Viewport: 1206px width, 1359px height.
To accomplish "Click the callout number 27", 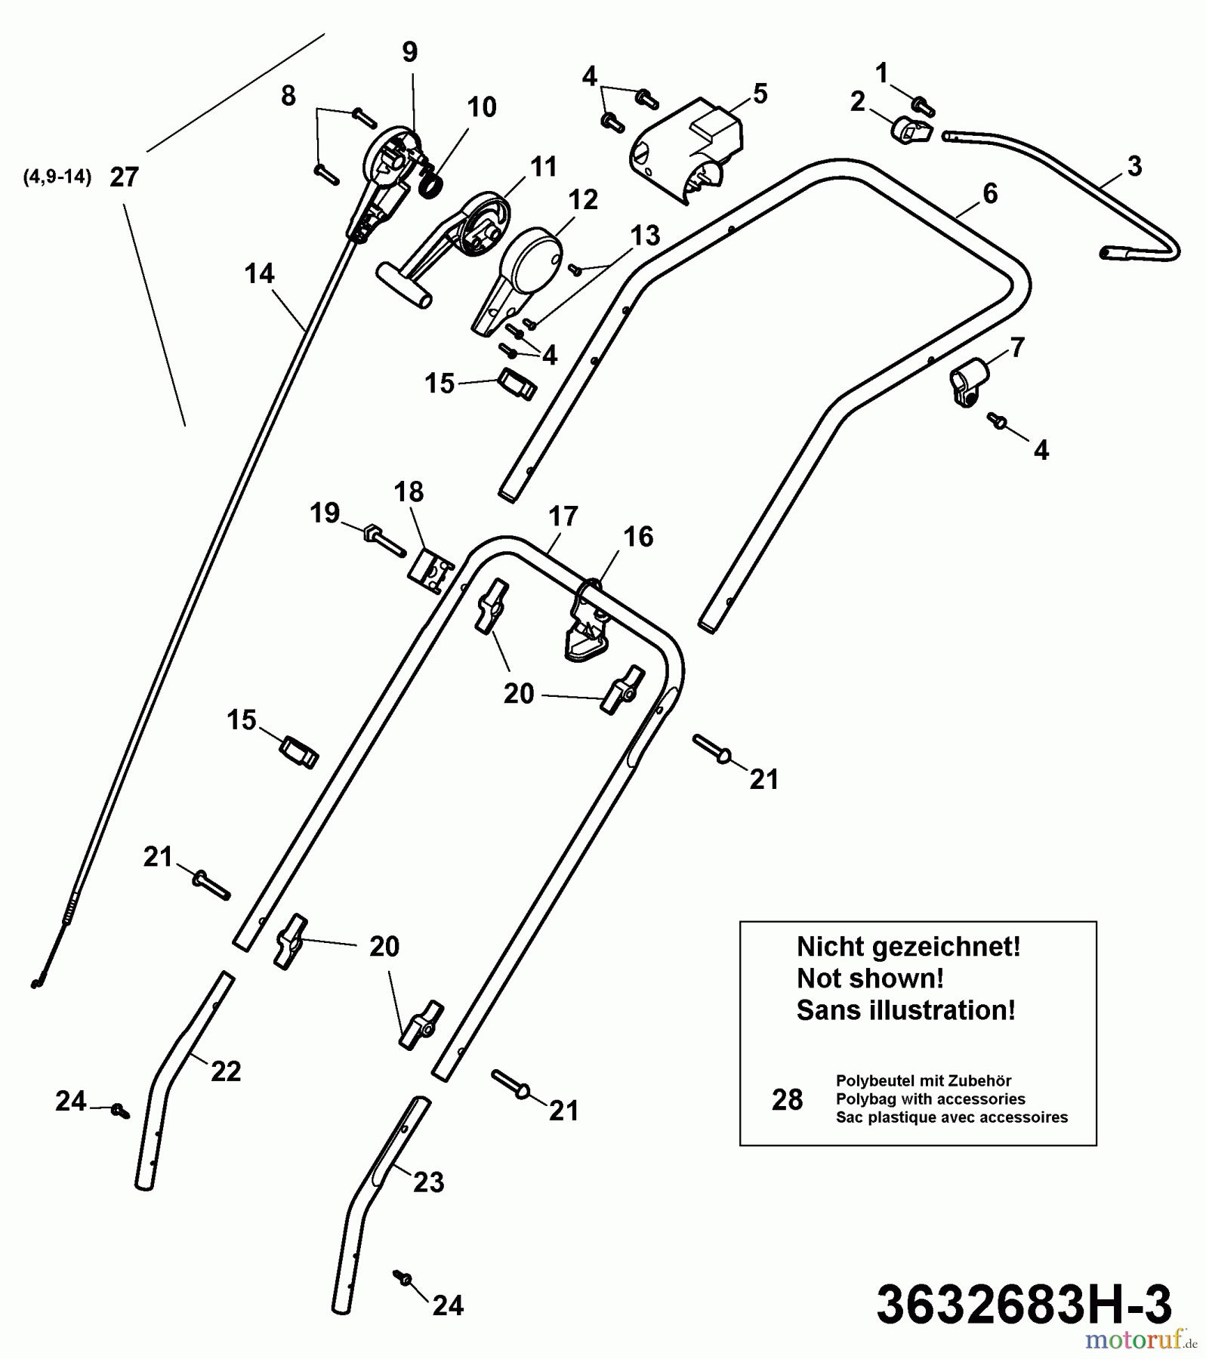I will click(125, 177).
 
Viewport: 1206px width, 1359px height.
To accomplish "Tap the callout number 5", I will click(760, 94).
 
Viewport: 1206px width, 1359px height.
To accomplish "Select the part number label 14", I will click(259, 273).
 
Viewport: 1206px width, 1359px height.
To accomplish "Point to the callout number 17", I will click(563, 516).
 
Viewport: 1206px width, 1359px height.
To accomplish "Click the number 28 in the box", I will click(787, 1100).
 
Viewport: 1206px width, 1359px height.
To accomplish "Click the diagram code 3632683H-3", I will click(1023, 1305).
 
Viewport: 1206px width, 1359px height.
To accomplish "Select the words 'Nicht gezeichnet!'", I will click(908, 947).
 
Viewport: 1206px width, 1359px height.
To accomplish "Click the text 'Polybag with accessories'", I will click(930, 1099).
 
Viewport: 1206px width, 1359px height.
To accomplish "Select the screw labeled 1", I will click(923, 106).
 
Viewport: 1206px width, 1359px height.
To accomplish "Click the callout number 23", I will click(428, 1182).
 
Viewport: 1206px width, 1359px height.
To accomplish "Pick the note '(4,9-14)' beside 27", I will click(57, 177).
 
